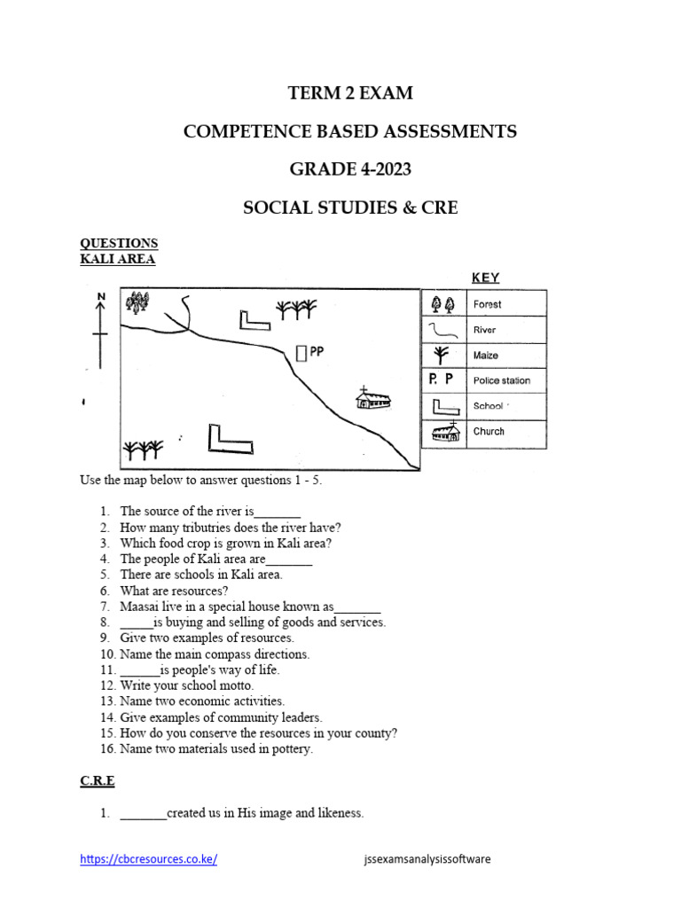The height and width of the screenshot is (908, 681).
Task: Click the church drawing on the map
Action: (x=372, y=399)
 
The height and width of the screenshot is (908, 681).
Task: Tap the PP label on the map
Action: (x=317, y=352)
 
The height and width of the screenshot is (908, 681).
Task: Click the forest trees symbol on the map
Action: (x=137, y=303)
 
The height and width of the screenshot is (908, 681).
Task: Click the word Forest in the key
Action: (x=487, y=304)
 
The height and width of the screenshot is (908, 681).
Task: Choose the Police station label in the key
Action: (x=502, y=380)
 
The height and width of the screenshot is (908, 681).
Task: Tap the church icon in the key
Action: (x=443, y=432)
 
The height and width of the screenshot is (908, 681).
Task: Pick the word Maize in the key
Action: (x=486, y=356)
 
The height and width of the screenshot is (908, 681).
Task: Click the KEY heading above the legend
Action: (x=485, y=278)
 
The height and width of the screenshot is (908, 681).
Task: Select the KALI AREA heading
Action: (x=118, y=259)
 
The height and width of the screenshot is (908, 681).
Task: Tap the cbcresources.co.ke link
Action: (x=148, y=859)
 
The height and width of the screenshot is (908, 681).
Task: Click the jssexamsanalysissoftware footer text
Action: (x=427, y=859)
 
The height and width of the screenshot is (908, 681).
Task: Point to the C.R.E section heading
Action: (x=98, y=781)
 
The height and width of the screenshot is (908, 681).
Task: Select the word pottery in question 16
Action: (x=292, y=749)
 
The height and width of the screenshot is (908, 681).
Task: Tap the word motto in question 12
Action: (x=235, y=685)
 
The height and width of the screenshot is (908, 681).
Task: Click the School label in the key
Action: (x=489, y=406)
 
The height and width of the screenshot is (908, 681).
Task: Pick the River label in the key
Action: (x=485, y=330)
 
